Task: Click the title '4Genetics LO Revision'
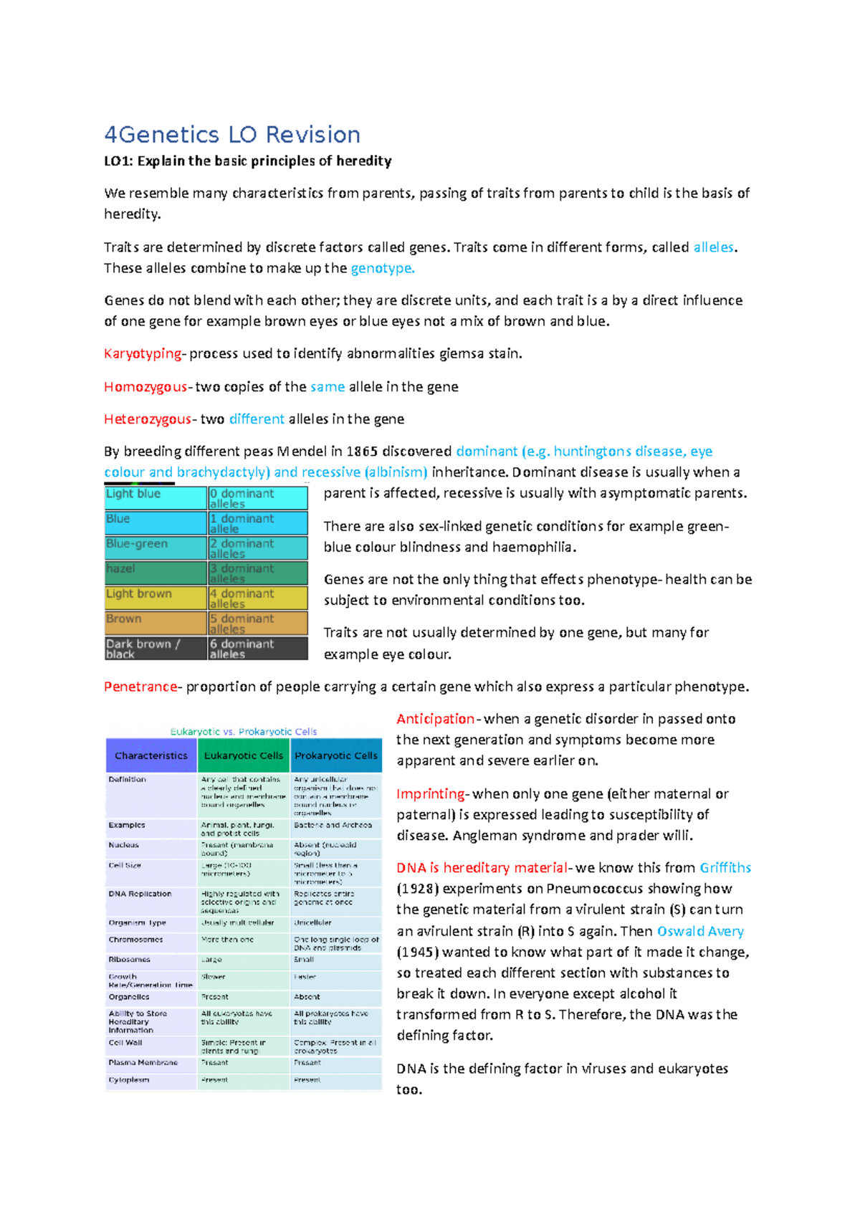[232, 135]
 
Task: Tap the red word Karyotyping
[143, 353]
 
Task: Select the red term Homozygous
[145, 387]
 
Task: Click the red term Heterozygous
[148, 419]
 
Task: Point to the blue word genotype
[382, 268]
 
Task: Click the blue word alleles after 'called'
[713, 247]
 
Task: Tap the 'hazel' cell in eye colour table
[156, 573]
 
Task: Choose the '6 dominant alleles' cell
[257, 649]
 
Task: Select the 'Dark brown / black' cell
[156, 649]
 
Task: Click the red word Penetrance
[140, 687]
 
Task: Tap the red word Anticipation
[435, 719]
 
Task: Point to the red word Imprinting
[431, 794]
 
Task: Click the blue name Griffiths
[725, 868]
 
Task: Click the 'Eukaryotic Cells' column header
[244, 755]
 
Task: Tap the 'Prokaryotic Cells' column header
[335, 755]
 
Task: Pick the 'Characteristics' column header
[151, 755]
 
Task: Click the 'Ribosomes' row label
[129, 960]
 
